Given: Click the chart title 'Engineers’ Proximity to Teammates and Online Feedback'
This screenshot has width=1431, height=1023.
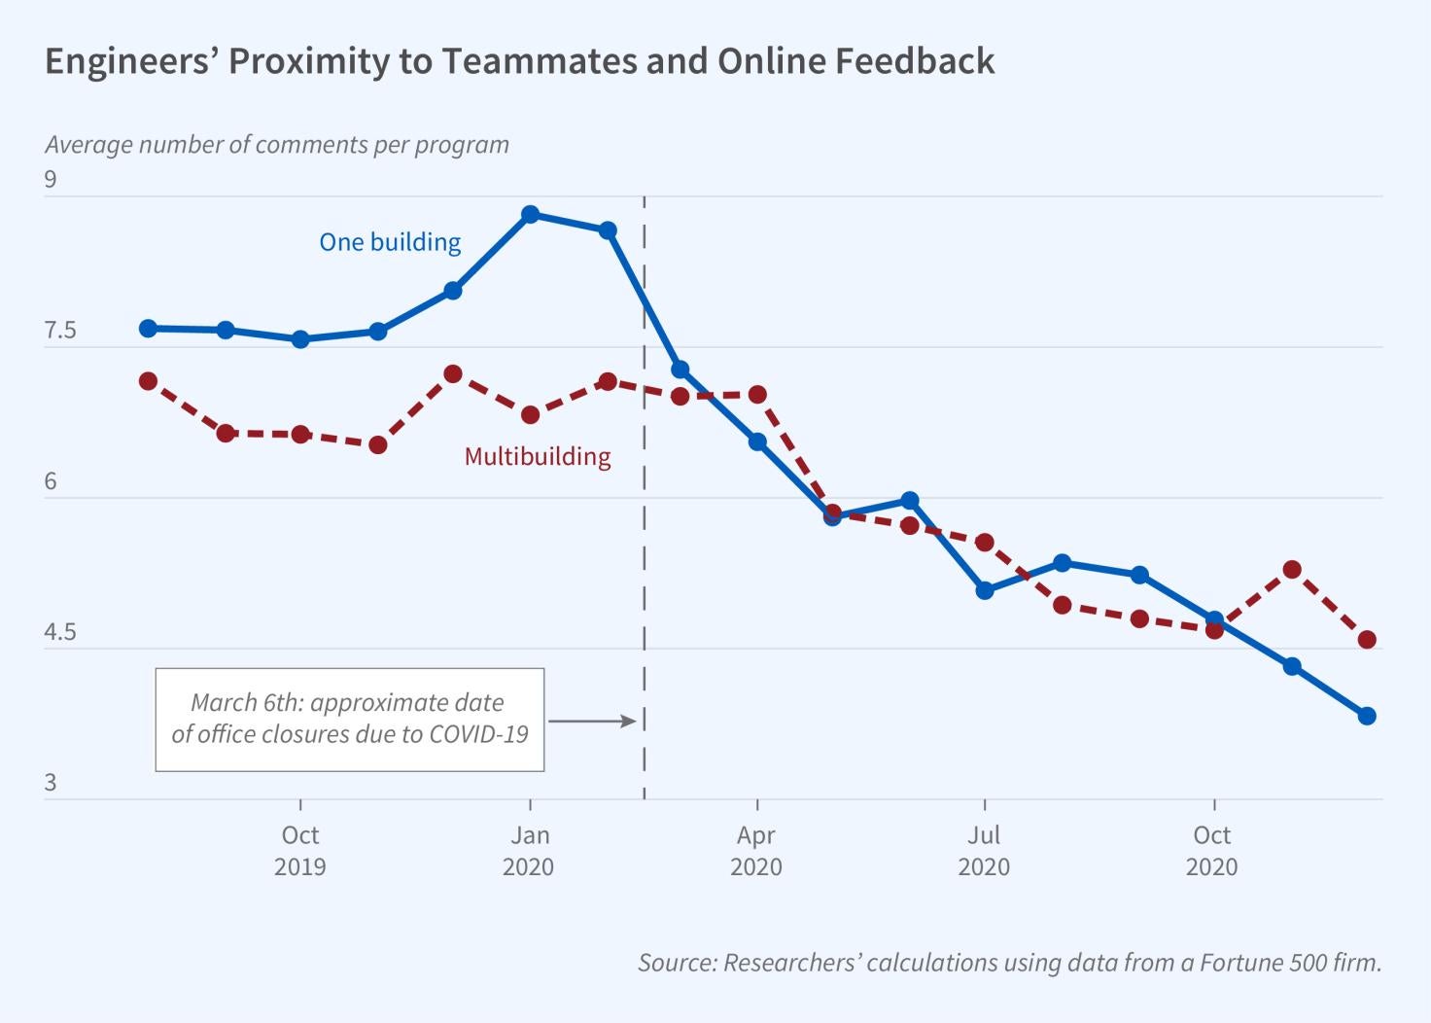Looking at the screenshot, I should [x=520, y=61].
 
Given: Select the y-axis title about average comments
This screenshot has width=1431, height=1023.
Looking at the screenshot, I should [x=277, y=145].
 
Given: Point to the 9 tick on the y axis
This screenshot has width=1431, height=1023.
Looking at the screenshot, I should [x=52, y=180].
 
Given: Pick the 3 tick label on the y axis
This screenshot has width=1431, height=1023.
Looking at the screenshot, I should [x=52, y=783].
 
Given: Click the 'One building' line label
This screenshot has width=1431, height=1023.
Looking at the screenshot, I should [x=390, y=242].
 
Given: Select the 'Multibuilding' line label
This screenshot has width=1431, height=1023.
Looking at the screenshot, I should [x=538, y=456].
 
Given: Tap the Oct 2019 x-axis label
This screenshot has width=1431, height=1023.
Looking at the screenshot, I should [x=300, y=850].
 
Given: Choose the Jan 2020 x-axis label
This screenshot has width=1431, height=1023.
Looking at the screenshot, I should [x=529, y=850].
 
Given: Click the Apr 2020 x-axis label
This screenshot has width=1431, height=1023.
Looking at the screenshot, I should [x=756, y=850].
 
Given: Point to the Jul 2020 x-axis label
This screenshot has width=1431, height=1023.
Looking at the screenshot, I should [x=985, y=850].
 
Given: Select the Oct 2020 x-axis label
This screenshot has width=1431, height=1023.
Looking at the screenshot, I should [x=1212, y=850].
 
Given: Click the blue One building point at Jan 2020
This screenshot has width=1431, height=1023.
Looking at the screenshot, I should [x=530, y=214].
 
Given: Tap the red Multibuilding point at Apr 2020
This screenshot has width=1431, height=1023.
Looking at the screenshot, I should [x=757, y=394].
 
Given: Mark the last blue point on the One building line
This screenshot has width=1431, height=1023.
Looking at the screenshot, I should [x=1367, y=716].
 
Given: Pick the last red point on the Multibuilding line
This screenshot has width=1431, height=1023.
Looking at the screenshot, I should [x=1367, y=640].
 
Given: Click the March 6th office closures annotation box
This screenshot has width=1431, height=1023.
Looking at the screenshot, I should [x=349, y=719].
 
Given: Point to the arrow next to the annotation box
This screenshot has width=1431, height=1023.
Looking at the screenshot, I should [x=592, y=721].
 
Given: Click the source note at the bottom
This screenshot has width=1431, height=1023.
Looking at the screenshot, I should [x=1009, y=963].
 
